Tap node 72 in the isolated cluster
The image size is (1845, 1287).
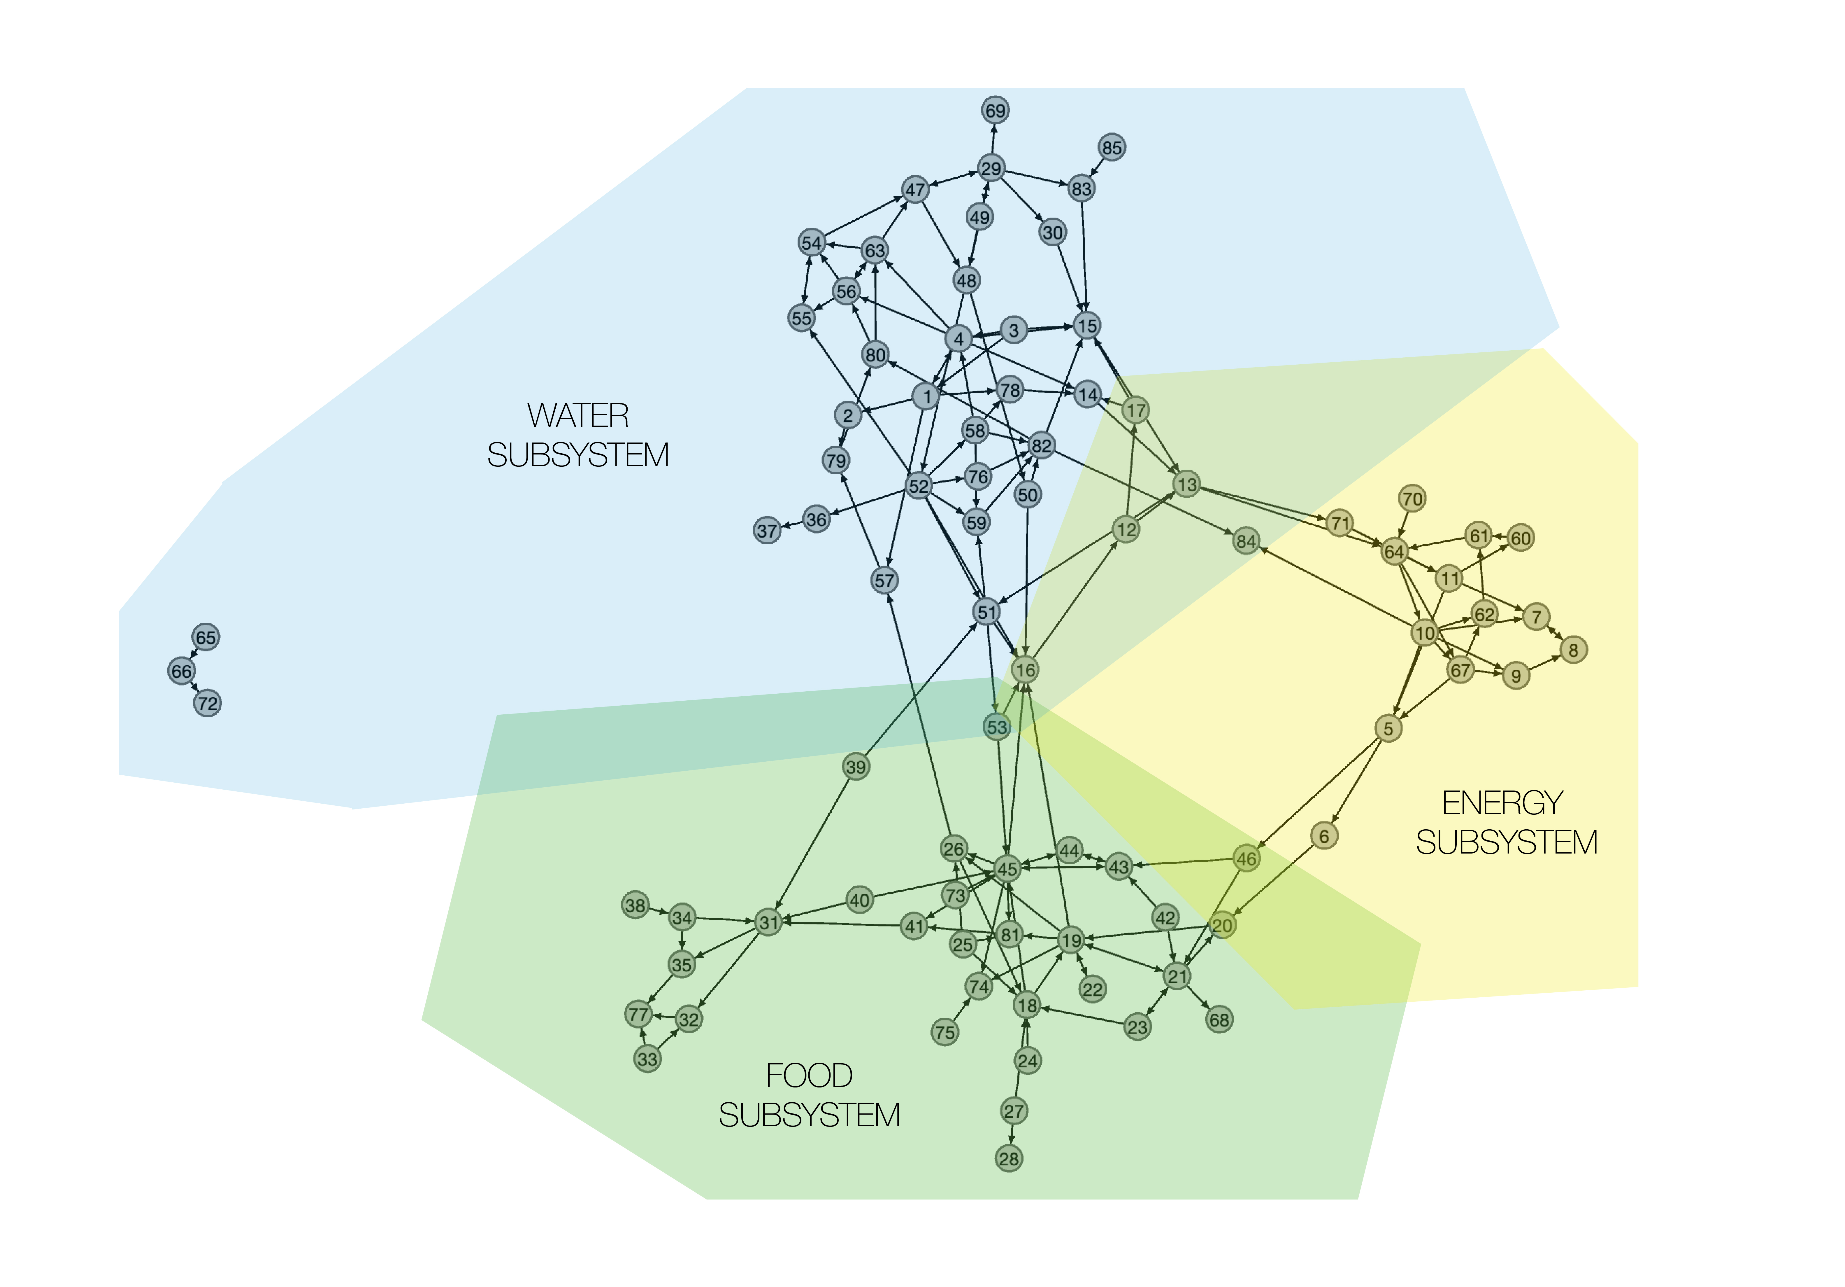click(x=207, y=703)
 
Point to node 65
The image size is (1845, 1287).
click(x=206, y=637)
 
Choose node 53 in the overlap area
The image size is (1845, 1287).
click(x=996, y=727)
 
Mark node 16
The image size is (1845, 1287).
click(x=1025, y=670)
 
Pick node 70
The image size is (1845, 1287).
click(x=1412, y=499)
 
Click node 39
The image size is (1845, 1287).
click(x=856, y=767)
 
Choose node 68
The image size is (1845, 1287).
click(x=1219, y=1020)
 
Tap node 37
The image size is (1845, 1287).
click(x=767, y=531)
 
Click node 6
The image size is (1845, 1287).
click(x=1324, y=836)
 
